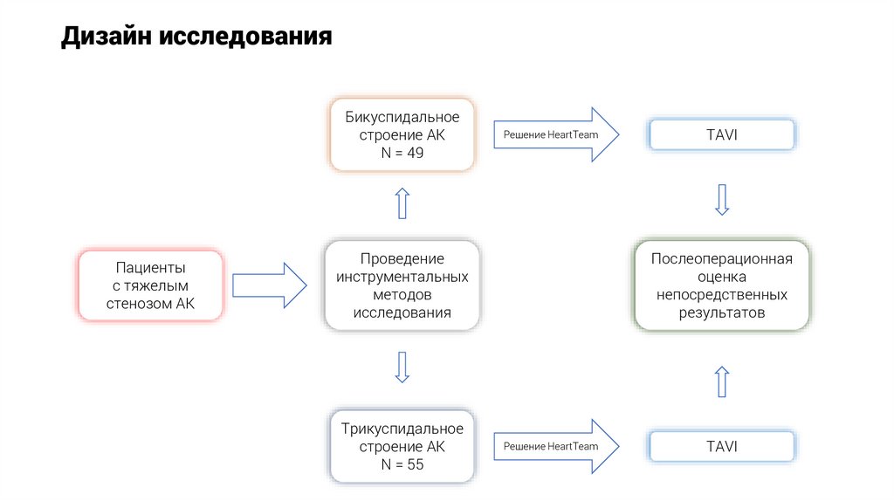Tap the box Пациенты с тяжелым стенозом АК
[x=150, y=285]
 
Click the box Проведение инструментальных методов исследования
[x=402, y=285]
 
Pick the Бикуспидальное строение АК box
[x=402, y=134]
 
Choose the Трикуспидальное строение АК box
[x=402, y=446]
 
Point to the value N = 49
[x=402, y=153]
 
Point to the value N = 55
[x=402, y=464]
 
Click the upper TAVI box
[x=721, y=134]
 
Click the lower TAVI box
[x=721, y=446]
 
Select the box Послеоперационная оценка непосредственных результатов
[x=721, y=285]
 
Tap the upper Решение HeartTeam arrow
[x=555, y=134]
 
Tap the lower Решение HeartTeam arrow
[x=555, y=446]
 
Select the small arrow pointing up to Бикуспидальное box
[x=402, y=203]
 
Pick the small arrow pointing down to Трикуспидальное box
[x=402, y=367]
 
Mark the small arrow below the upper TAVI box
[x=721, y=199]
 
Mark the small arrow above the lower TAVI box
[x=721, y=381]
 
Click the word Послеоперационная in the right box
[x=721, y=259]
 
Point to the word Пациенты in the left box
[x=150, y=267]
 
